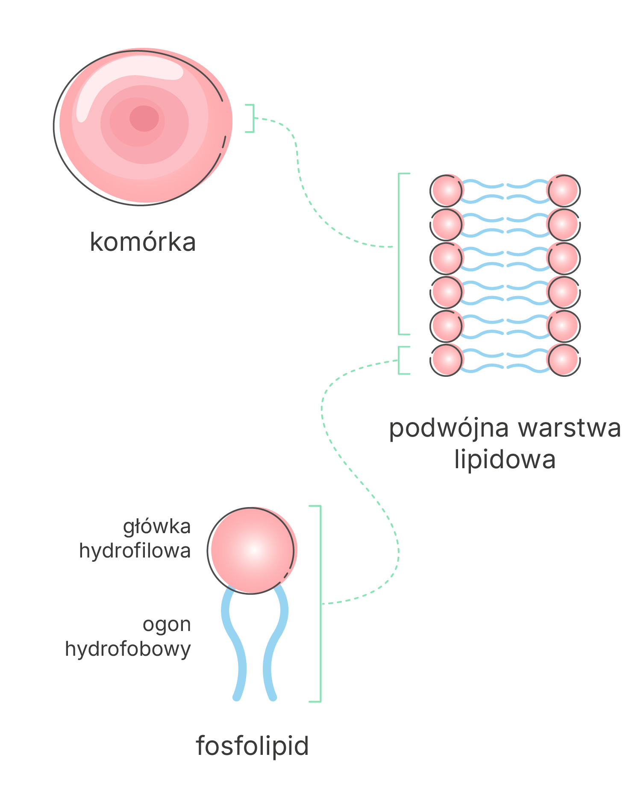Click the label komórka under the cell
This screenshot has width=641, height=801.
click(143, 242)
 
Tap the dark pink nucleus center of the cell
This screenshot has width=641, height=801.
click(144, 118)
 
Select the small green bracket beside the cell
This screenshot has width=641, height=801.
click(250, 118)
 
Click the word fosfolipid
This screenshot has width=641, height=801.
click(252, 746)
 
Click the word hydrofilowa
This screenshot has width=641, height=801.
click(135, 551)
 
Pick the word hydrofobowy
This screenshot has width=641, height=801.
click(128, 649)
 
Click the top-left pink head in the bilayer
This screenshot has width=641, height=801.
click(447, 191)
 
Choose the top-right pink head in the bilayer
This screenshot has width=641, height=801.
click(564, 191)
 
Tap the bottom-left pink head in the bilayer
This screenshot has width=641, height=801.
click(447, 360)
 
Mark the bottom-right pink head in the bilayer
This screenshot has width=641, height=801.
click(564, 360)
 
